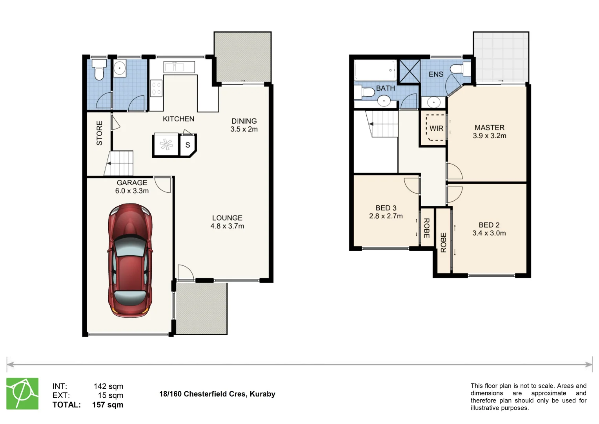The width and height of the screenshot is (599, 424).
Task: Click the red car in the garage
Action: (130, 260)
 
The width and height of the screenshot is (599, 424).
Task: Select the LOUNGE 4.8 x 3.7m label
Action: (227, 222)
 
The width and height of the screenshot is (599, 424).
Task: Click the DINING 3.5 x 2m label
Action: (244, 125)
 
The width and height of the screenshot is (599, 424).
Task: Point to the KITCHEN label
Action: (178, 119)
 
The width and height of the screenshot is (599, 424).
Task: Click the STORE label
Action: (100, 133)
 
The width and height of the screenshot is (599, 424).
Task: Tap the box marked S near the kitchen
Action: (188, 145)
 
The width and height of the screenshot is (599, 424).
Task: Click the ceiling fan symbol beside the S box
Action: (166, 144)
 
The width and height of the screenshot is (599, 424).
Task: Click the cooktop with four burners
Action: (156, 88)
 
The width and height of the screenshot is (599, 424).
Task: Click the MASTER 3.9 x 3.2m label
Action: (489, 132)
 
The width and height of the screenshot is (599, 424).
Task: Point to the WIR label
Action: (436, 128)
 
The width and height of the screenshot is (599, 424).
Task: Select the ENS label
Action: (436, 74)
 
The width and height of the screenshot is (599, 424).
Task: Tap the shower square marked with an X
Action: (410, 71)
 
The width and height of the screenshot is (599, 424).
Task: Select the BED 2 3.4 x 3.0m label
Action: (489, 229)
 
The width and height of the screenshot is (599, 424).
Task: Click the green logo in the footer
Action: (22, 393)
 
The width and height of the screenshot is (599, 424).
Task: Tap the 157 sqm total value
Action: (107, 405)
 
